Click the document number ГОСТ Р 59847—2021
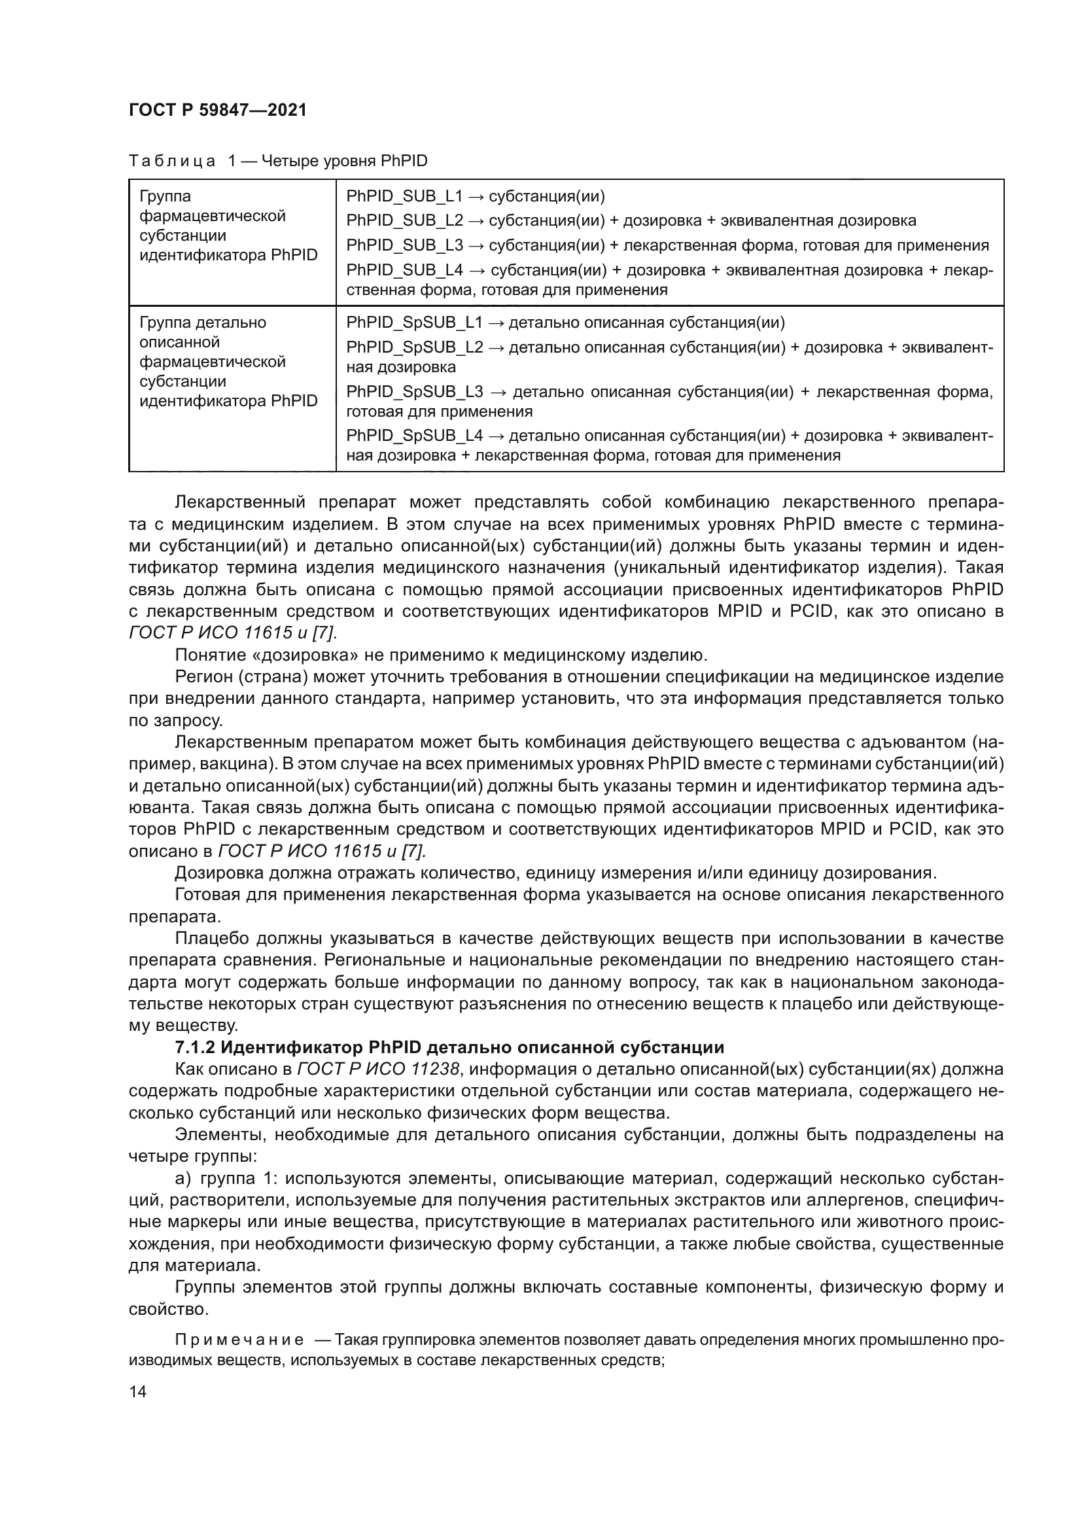pyautogui.click(x=217, y=110)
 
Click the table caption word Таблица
pyautogui.click(x=172, y=162)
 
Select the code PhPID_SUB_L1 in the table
pyautogui.click(x=404, y=197)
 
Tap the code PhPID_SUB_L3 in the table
pyautogui.click(x=404, y=245)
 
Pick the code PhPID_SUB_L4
pyautogui.click(x=404, y=270)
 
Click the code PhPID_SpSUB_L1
pyautogui.click(x=413, y=323)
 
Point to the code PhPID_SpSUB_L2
pyautogui.click(x=413, y=347)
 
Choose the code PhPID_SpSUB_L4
pyautogui.click(x=413, y=436)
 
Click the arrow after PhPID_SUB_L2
pyautogui.click(x=477, y=221)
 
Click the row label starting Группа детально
pyautogui.click(x=203, y=322)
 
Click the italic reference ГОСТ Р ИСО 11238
pyautogui.click(x=377, y=1069)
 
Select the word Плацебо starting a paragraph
pyautogui.click(x=211, y=938)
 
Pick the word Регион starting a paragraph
pyautogui.click(x=203, y=677)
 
